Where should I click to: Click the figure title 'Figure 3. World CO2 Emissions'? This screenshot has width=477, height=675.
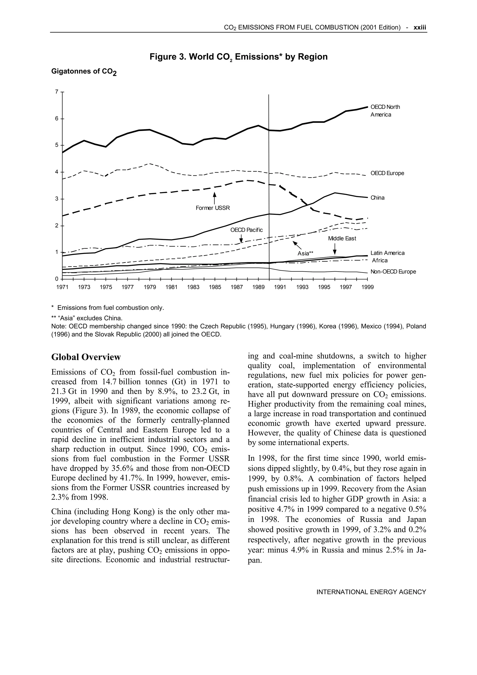[x=238, y=57]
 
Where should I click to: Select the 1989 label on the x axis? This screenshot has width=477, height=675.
[x=258, y=287]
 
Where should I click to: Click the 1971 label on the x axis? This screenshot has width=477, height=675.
[x=62, y=287]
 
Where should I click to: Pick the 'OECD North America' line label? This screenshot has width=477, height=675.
[x=385, y=111]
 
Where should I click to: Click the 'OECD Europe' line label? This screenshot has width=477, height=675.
[x=387, y=173]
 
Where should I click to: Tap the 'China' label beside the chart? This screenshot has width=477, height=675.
[x=377, y=198]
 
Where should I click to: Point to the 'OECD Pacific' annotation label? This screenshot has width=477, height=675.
[x=246, y=230]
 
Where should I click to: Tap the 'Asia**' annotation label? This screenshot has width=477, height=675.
[x=305, y=253]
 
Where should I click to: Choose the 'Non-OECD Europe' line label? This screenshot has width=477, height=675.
[x=393, y=272]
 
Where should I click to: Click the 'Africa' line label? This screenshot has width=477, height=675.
[x=380, y=260]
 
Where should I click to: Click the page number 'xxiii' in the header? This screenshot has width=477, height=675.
[x=420, y=28]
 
